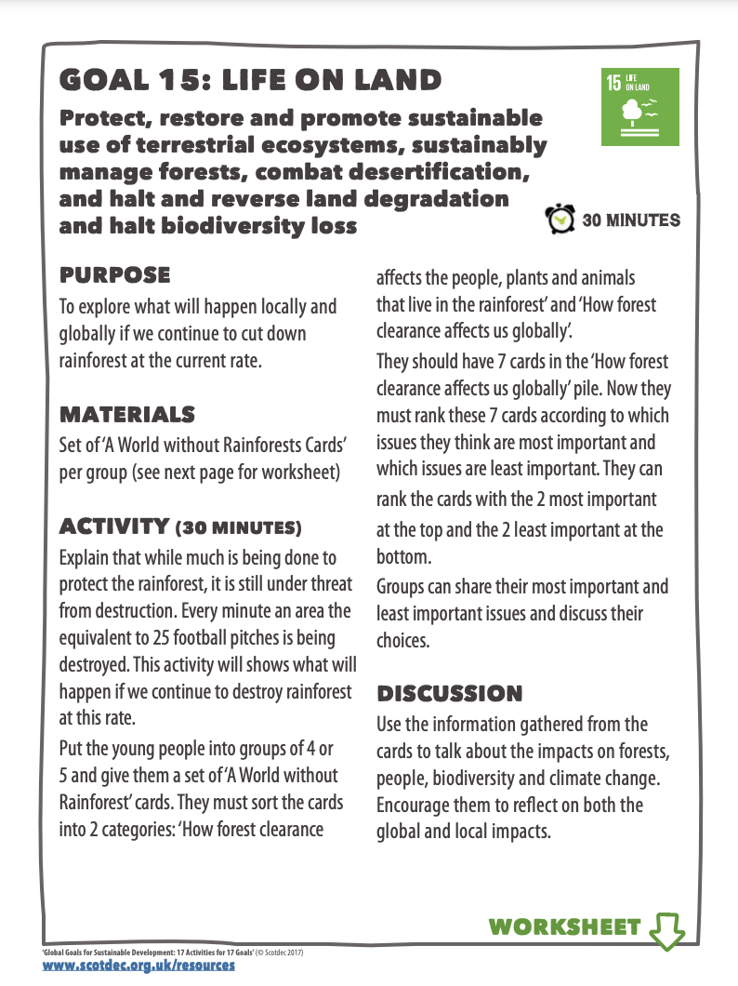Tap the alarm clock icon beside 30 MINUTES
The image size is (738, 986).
pyautogui.click(x=560, y=220)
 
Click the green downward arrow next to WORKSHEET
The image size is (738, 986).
pyautogui.click(x=666, y=927)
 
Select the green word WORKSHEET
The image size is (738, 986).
pyautogui.click(x=564, y=926)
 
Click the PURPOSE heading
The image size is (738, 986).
pyautogui.click(x=114, y=274)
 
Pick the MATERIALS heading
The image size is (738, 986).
pyautogui.click(x=126, y=413)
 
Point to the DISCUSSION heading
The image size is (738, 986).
pyautogui.click(x=449, y=693)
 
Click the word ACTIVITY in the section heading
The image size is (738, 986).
pyautogui.click(x=112, y=527)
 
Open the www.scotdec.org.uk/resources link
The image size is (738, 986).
pyautogui.click(x=138, y=966)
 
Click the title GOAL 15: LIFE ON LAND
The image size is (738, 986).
pyautogui.click(x=250, y=80)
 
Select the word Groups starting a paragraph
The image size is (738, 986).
pyautogui.click(x=401, y=587)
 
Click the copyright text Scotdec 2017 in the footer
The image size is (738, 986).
pyautogui.click(x=281, y=953)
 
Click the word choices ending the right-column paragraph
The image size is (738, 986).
pyautogui.click(x=403, y=641)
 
